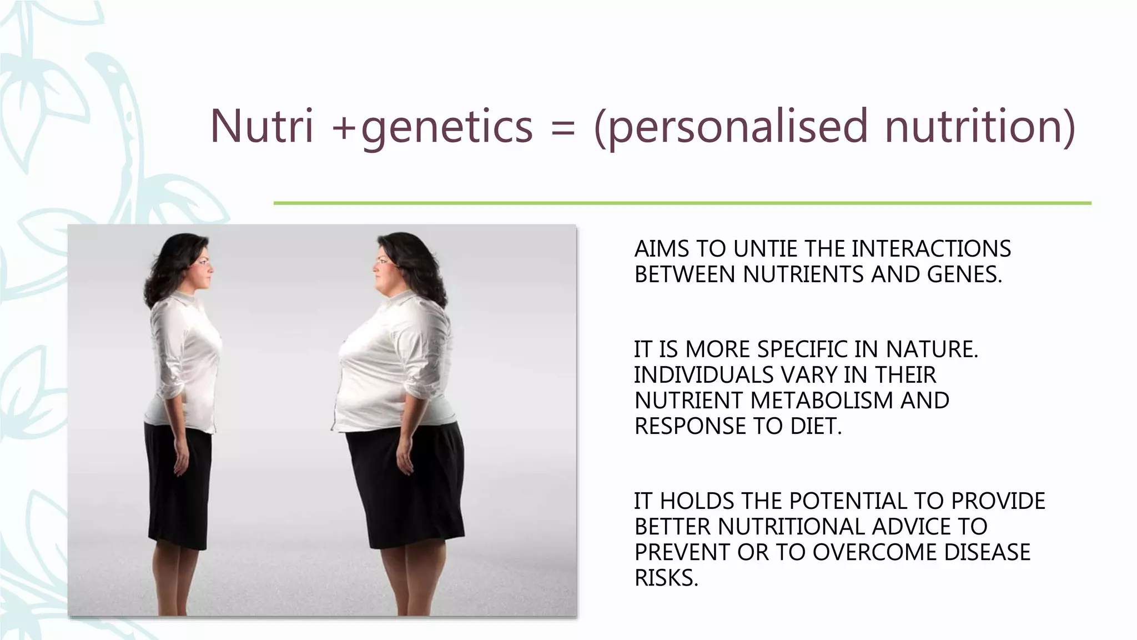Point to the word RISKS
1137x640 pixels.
666,578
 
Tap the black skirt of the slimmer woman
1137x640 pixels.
179,478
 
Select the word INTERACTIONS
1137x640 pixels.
930,249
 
